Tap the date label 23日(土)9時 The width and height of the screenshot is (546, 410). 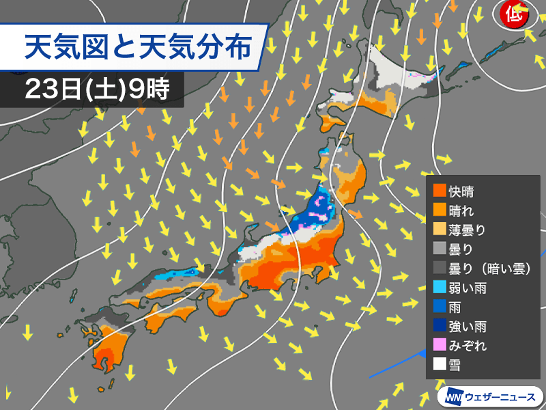click(96, 89)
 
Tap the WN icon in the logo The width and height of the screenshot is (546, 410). click(452, 396)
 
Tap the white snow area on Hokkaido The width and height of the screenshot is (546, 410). click(396, 68)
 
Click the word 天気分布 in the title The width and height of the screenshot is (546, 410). click(204, 47)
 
